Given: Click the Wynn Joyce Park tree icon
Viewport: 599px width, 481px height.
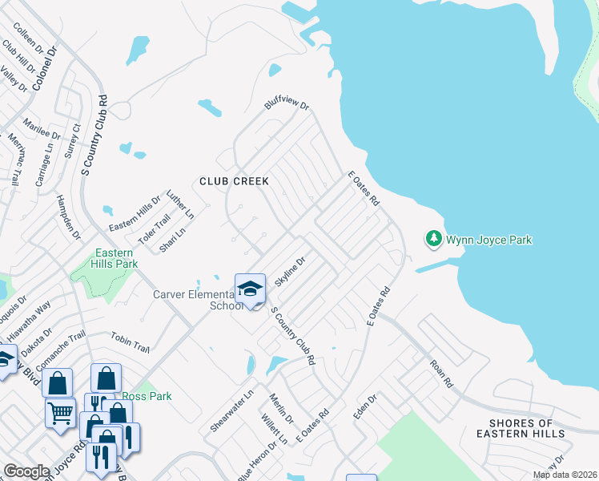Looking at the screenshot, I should point(433,239).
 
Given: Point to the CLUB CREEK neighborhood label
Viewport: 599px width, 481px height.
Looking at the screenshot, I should point(234,181).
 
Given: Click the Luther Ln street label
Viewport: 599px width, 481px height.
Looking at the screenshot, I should point(180,204).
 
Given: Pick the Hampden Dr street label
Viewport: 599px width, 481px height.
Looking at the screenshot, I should point(69,216).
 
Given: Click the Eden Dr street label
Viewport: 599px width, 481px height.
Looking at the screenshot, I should point(365,406).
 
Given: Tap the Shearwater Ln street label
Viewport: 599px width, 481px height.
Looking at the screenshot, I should point(226,409).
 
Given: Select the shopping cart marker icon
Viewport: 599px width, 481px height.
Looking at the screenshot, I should point(61,414).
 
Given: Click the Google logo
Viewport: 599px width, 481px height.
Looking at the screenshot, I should point(26,471).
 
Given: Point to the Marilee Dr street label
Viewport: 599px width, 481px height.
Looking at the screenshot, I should point(42,128).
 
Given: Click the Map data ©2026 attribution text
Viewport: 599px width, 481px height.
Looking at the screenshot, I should point(565,475).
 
